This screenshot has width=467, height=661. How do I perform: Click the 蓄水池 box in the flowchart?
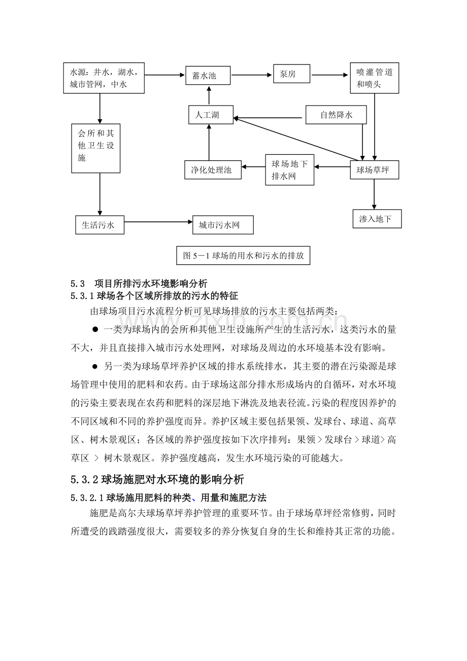(x=208, y=76)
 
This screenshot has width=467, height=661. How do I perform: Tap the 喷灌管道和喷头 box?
(x=374, y=78)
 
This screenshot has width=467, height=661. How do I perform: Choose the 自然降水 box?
(x=336, y=115)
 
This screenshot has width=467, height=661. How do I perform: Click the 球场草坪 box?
(x=374, y=170)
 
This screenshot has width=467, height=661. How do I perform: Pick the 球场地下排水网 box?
(x=290, y=170)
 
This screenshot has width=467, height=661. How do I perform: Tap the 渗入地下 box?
(x=377, y=219)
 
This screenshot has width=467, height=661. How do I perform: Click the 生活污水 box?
(x=99, y=225)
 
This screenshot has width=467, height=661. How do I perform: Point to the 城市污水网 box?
(x=223, y=225)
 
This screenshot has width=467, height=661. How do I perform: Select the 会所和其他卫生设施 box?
(x=96, y=148)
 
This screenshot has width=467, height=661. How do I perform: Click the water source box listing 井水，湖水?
(x=104, y=78)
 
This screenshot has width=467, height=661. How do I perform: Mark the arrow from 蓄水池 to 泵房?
(x=251, y=75)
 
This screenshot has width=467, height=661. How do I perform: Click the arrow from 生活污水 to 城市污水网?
(x=158, y=222)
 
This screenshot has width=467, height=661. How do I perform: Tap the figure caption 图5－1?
(x=243, y=256)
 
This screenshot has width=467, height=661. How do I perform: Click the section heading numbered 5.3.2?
(x=157, y=479)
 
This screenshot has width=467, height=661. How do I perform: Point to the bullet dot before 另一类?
(x=95, y=366)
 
